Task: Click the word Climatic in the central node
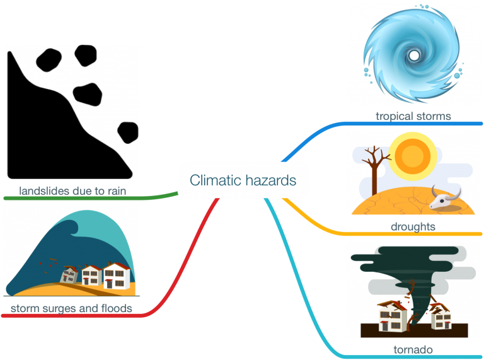click(x=216, y=180)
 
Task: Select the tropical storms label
click(x=413, y=116)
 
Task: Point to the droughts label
click(x=413, y=226)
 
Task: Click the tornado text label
click(x=413, y=349)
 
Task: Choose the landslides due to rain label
click(x=71, y=190)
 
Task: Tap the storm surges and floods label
click(x=71, y=308)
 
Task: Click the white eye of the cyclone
click(x=414, y=55)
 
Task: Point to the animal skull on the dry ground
click(x=445, y=197)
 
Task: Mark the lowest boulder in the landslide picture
click(x=128, y=132)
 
